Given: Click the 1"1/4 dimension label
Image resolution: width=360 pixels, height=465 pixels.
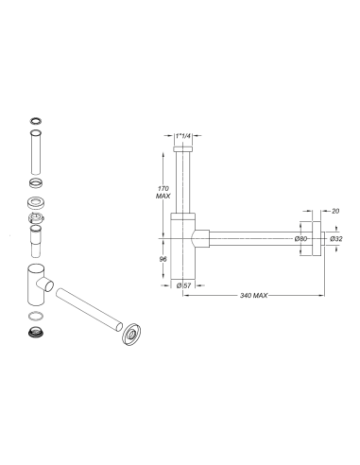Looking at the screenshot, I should pyautogui.click(x=183, y=136).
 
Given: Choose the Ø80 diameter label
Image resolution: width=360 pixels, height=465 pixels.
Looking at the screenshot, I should pyautogui.click(x=300, y=238).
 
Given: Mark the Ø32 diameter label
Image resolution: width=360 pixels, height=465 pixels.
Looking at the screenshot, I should pyautogui.click(x=336, y=238).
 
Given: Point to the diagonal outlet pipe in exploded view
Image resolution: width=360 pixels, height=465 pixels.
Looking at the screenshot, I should pyautogui.click(x=86, y=311).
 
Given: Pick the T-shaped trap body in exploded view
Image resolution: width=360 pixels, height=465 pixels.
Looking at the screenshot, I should pyautogui.click(x=34, y=283).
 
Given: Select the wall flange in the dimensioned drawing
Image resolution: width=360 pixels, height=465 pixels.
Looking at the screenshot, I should pyautogui.click(x=319, y=238).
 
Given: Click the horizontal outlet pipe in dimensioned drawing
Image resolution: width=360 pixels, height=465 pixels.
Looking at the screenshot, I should pyautogui.click(x=250, y=238).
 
